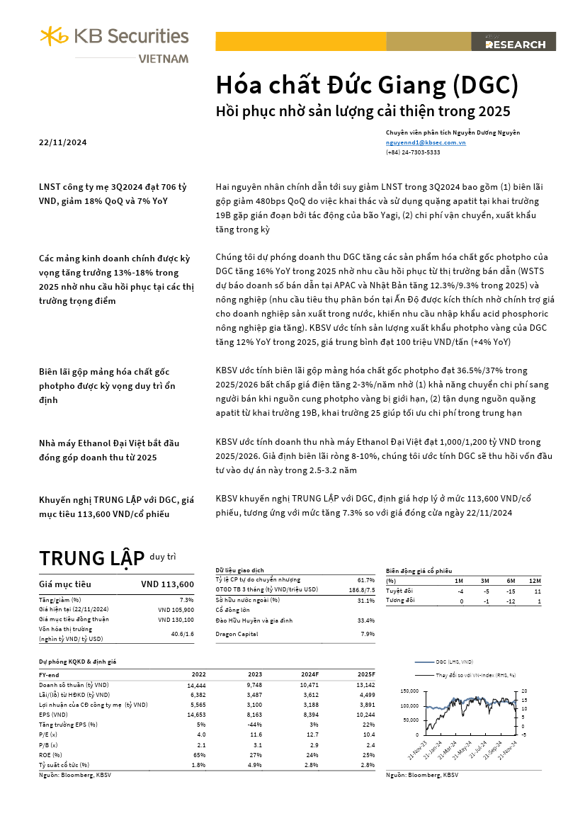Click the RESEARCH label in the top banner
pos(515,45)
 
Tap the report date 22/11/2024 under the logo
pos(63,142)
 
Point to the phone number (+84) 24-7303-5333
pos(413,152)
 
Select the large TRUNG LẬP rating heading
pos(92,558)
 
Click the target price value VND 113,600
pos(167,584)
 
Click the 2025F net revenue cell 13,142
pos(364,685)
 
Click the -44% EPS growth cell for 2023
pos(254,725)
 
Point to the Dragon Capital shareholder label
pos(238,634)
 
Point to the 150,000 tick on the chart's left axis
pos(409,691)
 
